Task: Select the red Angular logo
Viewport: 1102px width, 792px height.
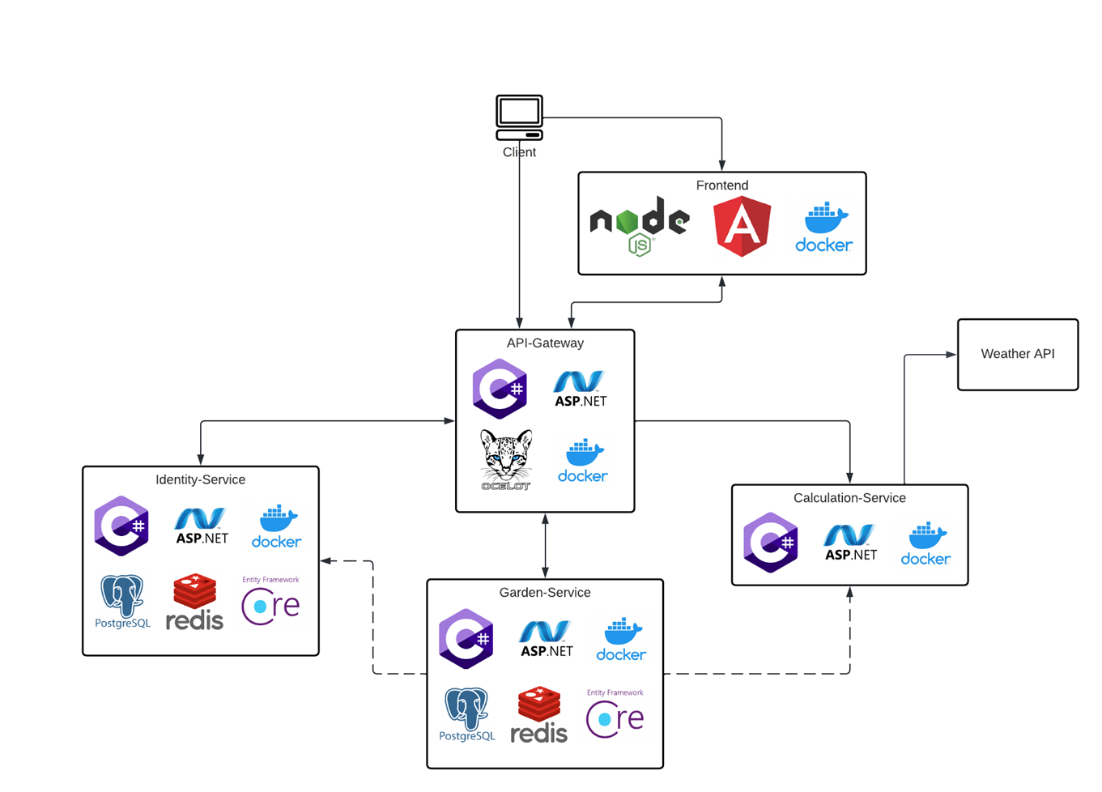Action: (742, 227)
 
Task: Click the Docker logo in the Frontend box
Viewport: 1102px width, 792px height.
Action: (823, 228)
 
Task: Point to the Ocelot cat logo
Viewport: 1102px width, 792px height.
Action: (506, 459)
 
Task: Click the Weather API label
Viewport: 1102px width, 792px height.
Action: (1017, 354)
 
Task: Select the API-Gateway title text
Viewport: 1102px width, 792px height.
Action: (545, 343)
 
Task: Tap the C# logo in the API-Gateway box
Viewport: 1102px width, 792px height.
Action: (500, 390)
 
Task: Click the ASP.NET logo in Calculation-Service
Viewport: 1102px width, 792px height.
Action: (850, 543)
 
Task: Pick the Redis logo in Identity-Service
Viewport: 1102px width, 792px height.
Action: (194, 603)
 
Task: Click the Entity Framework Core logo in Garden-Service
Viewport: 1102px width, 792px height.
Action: (615, 714)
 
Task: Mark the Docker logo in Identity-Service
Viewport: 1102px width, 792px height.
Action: (277, 527)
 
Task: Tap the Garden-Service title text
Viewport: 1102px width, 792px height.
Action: (545, 593)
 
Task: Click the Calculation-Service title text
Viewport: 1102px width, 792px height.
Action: (849, 498)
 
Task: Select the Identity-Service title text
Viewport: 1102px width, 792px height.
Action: (200, 479)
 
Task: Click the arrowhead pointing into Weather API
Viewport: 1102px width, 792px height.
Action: (951, 355)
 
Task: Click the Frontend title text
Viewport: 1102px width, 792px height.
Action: (721, 185)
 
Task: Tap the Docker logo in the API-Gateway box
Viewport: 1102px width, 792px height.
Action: (583, 462)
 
